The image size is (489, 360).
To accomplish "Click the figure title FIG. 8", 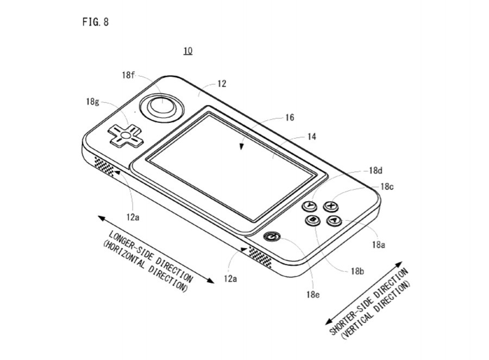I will pos(95,22).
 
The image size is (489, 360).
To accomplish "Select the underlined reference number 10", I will pos(187,51).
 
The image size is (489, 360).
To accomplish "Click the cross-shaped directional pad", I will pos(124,134).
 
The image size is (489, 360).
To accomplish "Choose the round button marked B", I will pos(313,220).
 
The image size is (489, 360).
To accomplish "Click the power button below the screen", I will pos(273,237).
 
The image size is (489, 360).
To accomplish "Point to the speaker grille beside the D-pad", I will pos(104,166).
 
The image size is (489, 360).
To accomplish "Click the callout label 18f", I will pos(128,75).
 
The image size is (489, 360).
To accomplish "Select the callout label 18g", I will pos(92,102).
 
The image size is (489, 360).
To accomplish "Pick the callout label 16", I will pos(289,117).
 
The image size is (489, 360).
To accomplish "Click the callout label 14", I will pos(311,137).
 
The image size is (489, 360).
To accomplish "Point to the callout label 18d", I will pos(375,170).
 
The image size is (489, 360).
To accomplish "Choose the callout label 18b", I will pos(357,271).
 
